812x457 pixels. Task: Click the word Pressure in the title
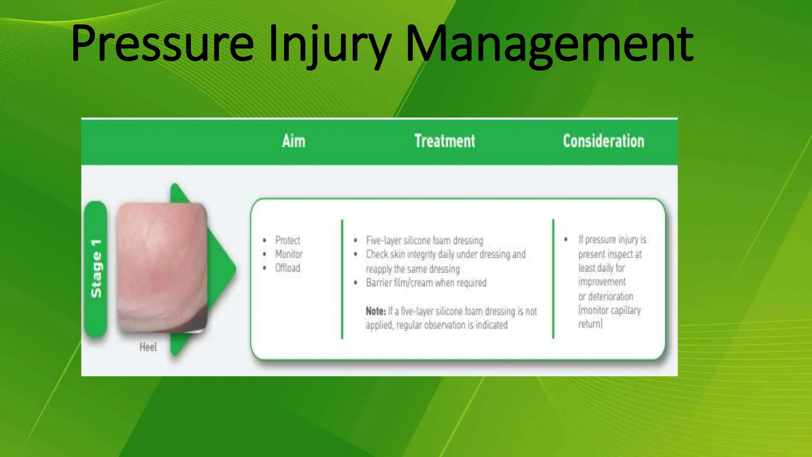163,44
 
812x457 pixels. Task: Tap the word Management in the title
550,44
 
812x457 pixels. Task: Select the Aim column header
294,141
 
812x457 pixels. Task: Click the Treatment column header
444,141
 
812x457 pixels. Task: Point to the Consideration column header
603,141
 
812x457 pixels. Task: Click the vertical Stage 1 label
96,269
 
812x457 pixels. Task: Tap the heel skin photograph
162,267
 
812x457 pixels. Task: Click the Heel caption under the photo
148,347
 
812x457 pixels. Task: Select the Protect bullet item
287,240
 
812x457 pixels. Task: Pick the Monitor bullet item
289,254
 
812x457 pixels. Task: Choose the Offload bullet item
287,268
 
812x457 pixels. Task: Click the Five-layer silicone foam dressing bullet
424,240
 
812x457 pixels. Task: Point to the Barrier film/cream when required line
426,283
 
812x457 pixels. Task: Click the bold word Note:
375,311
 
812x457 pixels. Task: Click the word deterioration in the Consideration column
610,296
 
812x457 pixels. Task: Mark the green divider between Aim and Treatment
342,278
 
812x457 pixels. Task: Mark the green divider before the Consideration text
553,278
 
